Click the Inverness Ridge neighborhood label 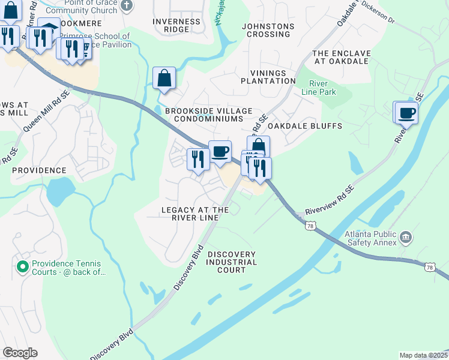coord(176,25)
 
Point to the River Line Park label coord(322,88)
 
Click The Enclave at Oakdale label coord(342,58)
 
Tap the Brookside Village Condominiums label coord(207,114)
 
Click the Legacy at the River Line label coord(195,214)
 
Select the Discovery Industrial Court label coord(232,262)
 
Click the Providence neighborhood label coord(39,170)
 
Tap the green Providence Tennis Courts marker coord(23,266)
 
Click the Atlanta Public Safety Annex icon coord(406,238)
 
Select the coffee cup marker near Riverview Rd coord(406,112)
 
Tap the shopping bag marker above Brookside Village coord(164,78)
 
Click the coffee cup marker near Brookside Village coord(220,152)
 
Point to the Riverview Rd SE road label coord(330,200)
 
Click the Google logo coord(20,353)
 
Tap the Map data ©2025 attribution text coord(423,355)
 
